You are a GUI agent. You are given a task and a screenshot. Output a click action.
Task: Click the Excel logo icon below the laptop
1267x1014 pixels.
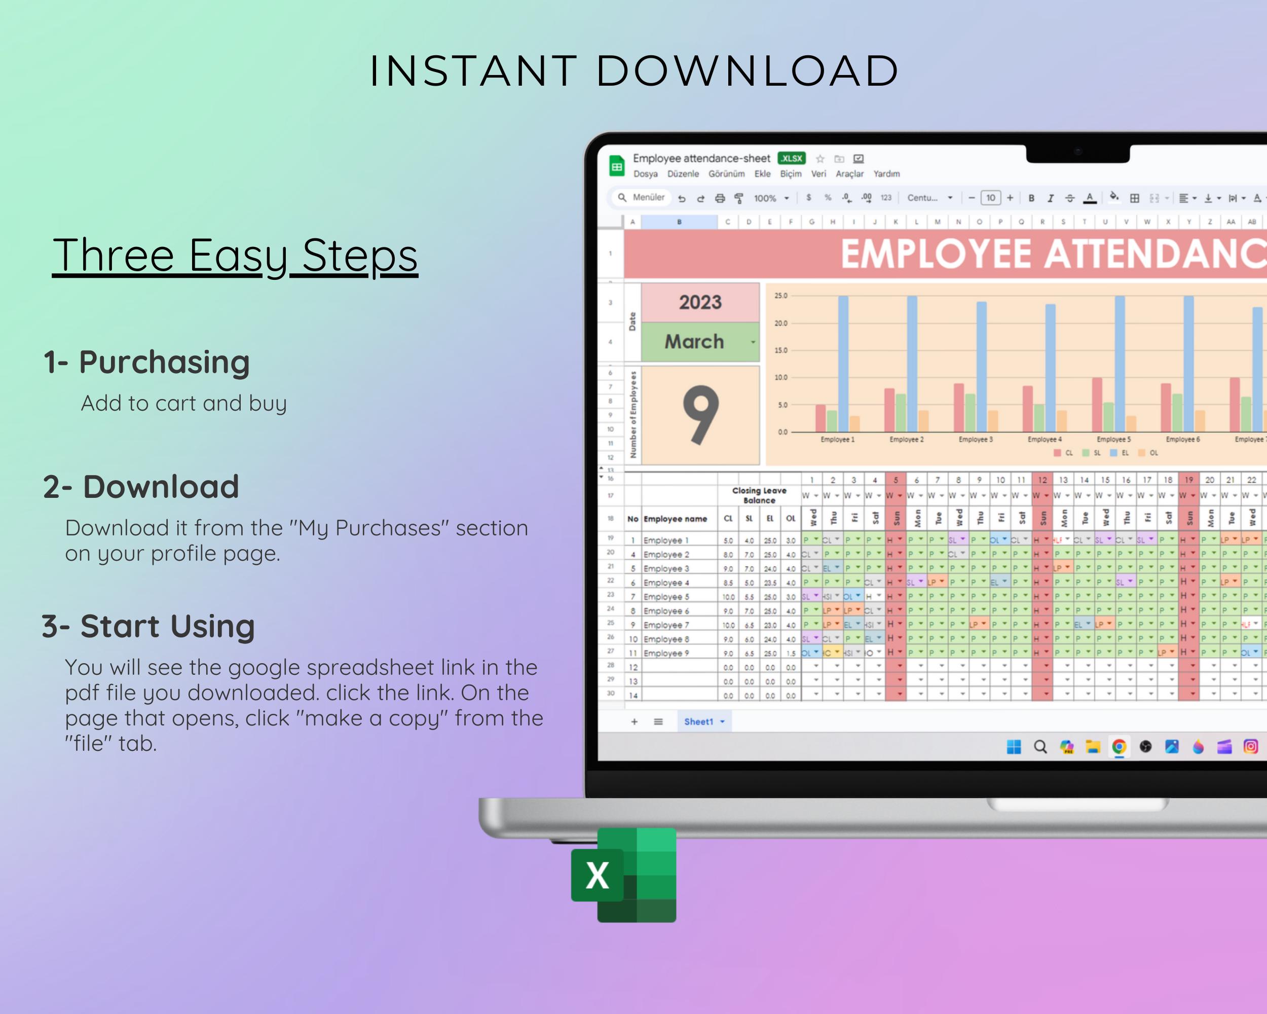coord(623,875)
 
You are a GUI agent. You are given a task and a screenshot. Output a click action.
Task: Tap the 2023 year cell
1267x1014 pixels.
coord(700,302)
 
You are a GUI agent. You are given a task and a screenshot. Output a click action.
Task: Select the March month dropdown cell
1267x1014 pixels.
coord(699,342)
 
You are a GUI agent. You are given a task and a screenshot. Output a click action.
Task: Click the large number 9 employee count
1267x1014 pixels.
coord(700,415)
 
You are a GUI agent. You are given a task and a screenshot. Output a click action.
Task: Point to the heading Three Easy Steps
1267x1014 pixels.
coord(235,256)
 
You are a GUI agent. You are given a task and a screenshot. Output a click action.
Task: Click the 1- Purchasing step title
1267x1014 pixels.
coord(147,361)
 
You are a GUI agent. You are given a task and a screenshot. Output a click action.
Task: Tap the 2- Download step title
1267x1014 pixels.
coord(141,487)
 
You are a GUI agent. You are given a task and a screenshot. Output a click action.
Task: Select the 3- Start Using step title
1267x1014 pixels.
coord(148,626)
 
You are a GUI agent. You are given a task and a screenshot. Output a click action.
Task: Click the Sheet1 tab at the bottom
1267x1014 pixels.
coord(699,722)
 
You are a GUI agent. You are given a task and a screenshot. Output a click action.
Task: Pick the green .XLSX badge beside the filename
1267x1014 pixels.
coord(792,158)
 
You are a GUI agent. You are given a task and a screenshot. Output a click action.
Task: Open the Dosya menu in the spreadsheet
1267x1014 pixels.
coord(645,174)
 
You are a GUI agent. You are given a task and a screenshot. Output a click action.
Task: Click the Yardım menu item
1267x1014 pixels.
coord(886,174)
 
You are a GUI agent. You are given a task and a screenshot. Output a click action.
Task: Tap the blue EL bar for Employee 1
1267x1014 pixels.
coord(843,365)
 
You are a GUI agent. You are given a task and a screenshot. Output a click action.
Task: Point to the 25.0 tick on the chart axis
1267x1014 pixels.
coord(780,296)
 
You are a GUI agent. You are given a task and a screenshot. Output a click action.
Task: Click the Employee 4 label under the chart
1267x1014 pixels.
coord(1045,439)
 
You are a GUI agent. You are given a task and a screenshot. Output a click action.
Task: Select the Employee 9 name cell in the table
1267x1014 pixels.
coord(666,653)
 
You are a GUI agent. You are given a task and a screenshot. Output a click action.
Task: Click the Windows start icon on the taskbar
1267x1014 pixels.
coord(1014,746)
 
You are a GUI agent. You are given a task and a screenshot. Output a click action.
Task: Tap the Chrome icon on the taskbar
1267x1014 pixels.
coord(1119,746)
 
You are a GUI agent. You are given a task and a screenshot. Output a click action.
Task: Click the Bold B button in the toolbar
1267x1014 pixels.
coord(1031,198)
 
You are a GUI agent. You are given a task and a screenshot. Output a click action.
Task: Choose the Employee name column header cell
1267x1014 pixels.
coord(675,519)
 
